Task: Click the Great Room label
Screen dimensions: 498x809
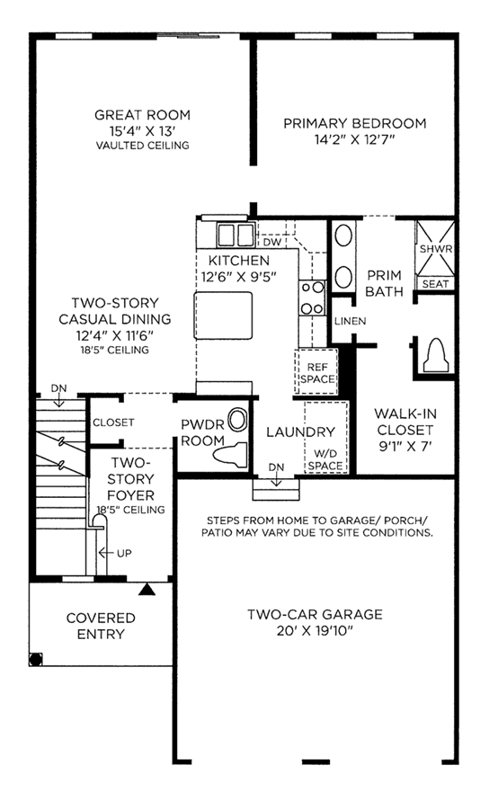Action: click(142, 114)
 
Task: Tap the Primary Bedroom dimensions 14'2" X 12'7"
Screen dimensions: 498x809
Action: click(354, 139)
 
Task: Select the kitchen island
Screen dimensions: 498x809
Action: click(224, 316)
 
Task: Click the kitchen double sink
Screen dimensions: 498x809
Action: click(236, 236)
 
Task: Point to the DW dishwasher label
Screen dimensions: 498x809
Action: click(272, 242)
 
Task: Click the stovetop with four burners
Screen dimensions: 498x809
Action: click(312, 298)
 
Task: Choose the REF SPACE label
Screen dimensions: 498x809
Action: click(317, 373)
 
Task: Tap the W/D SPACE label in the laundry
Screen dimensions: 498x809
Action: click(325, 459)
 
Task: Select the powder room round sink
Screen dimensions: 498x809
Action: click(237, 420)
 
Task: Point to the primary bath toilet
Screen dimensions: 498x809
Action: click(434, 355)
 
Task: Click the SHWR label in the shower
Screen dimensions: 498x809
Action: click(436, 249)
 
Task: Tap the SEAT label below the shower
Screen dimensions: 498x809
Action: click(435, 284)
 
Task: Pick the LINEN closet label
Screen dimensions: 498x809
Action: click(350, 321)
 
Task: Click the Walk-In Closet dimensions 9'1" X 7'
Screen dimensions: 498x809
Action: click(405, 446)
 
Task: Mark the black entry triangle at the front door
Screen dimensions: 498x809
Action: click(147, 589)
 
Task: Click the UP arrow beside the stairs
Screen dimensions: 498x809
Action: click(106, 553)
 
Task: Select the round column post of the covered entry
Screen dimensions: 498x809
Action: click(36, 660)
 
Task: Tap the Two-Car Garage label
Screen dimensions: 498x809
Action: click(315, 614)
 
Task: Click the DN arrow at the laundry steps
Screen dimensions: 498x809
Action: click(277, 480)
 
